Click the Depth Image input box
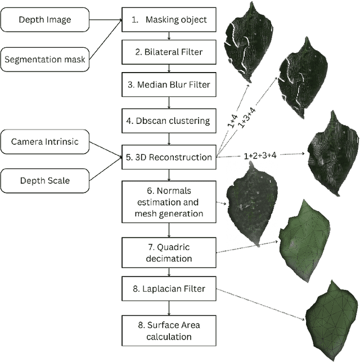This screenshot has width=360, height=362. (x=44, y=20)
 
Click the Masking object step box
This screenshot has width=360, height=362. (x=169, y=20)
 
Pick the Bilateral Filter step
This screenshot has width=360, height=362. (x=169, y=52)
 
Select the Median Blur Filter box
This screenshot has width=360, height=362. (x=169, y=85)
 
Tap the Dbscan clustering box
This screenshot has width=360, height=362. (x=169, y=119)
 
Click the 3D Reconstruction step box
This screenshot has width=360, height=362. (x=169, y=157)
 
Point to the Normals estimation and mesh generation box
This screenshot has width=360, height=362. (x=169, y=200)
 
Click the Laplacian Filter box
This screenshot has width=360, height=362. (x=169, y=289)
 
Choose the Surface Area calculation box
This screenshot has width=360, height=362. (x=169, y=330)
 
